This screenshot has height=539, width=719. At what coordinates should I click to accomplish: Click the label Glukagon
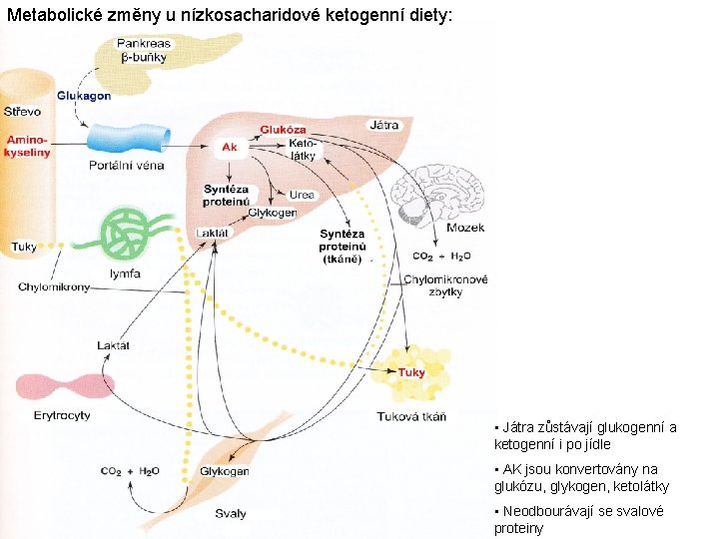pos(84,96)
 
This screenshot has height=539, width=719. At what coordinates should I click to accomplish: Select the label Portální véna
pos(126,165)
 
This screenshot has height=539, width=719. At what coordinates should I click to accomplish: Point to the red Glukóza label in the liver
pos(283,130)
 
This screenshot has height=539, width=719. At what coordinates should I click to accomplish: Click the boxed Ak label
pos(230,147)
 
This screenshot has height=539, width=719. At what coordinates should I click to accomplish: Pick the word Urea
pos(302,195)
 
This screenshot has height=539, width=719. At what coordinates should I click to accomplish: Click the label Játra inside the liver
pos(383,126)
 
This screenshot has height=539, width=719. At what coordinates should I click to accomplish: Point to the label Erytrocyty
pos(62,415)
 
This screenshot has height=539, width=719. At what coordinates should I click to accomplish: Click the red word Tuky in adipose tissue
pos(411,372)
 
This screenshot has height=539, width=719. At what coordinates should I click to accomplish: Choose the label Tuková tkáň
pos(411,416)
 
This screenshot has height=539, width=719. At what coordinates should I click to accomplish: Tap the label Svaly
pos(231,513)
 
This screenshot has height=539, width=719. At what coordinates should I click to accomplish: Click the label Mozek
pos(465,229)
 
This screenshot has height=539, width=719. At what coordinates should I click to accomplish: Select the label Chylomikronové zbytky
pos(445,285)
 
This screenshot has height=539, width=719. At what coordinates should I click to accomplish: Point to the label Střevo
pos(22,112)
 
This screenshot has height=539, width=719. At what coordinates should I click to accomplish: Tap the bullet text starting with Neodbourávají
pos(577,519)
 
